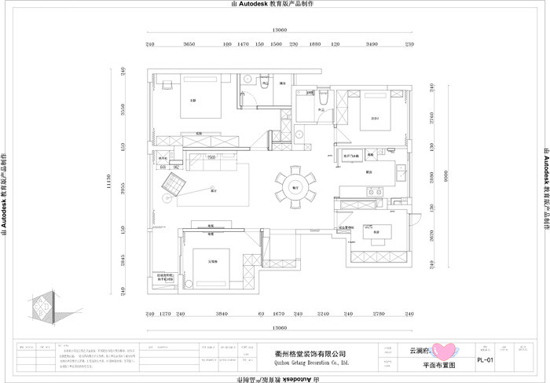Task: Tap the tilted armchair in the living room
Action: pos(174,186)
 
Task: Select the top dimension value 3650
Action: pos(189,45)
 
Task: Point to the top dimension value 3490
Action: pos(372,45)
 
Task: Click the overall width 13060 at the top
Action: pos(279,30)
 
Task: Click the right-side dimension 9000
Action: pos(443,175)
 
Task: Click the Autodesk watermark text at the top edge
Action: pos(272,4)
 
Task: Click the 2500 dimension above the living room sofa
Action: pos(211,157)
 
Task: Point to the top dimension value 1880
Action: pos(315,45)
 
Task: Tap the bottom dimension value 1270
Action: pos(165,314)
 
